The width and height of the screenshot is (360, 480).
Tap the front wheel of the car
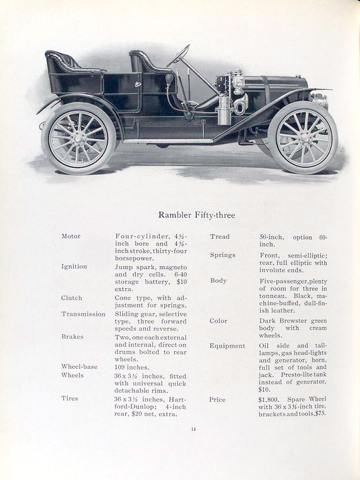303,137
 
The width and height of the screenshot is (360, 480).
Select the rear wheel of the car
78,138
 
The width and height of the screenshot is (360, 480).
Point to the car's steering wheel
179,55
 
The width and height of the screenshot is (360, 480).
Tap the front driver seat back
144,62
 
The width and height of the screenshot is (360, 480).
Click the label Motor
71,236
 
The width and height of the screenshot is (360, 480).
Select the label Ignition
74,267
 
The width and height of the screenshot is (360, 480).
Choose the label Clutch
71,297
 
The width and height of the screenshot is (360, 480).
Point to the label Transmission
83,314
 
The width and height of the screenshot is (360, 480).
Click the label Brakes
72,337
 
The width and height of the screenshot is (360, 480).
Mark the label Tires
69,399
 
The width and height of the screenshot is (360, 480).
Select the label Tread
219,237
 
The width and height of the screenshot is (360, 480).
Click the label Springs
222,255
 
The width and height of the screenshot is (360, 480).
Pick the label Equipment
227,346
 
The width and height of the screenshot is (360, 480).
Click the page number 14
193,429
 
